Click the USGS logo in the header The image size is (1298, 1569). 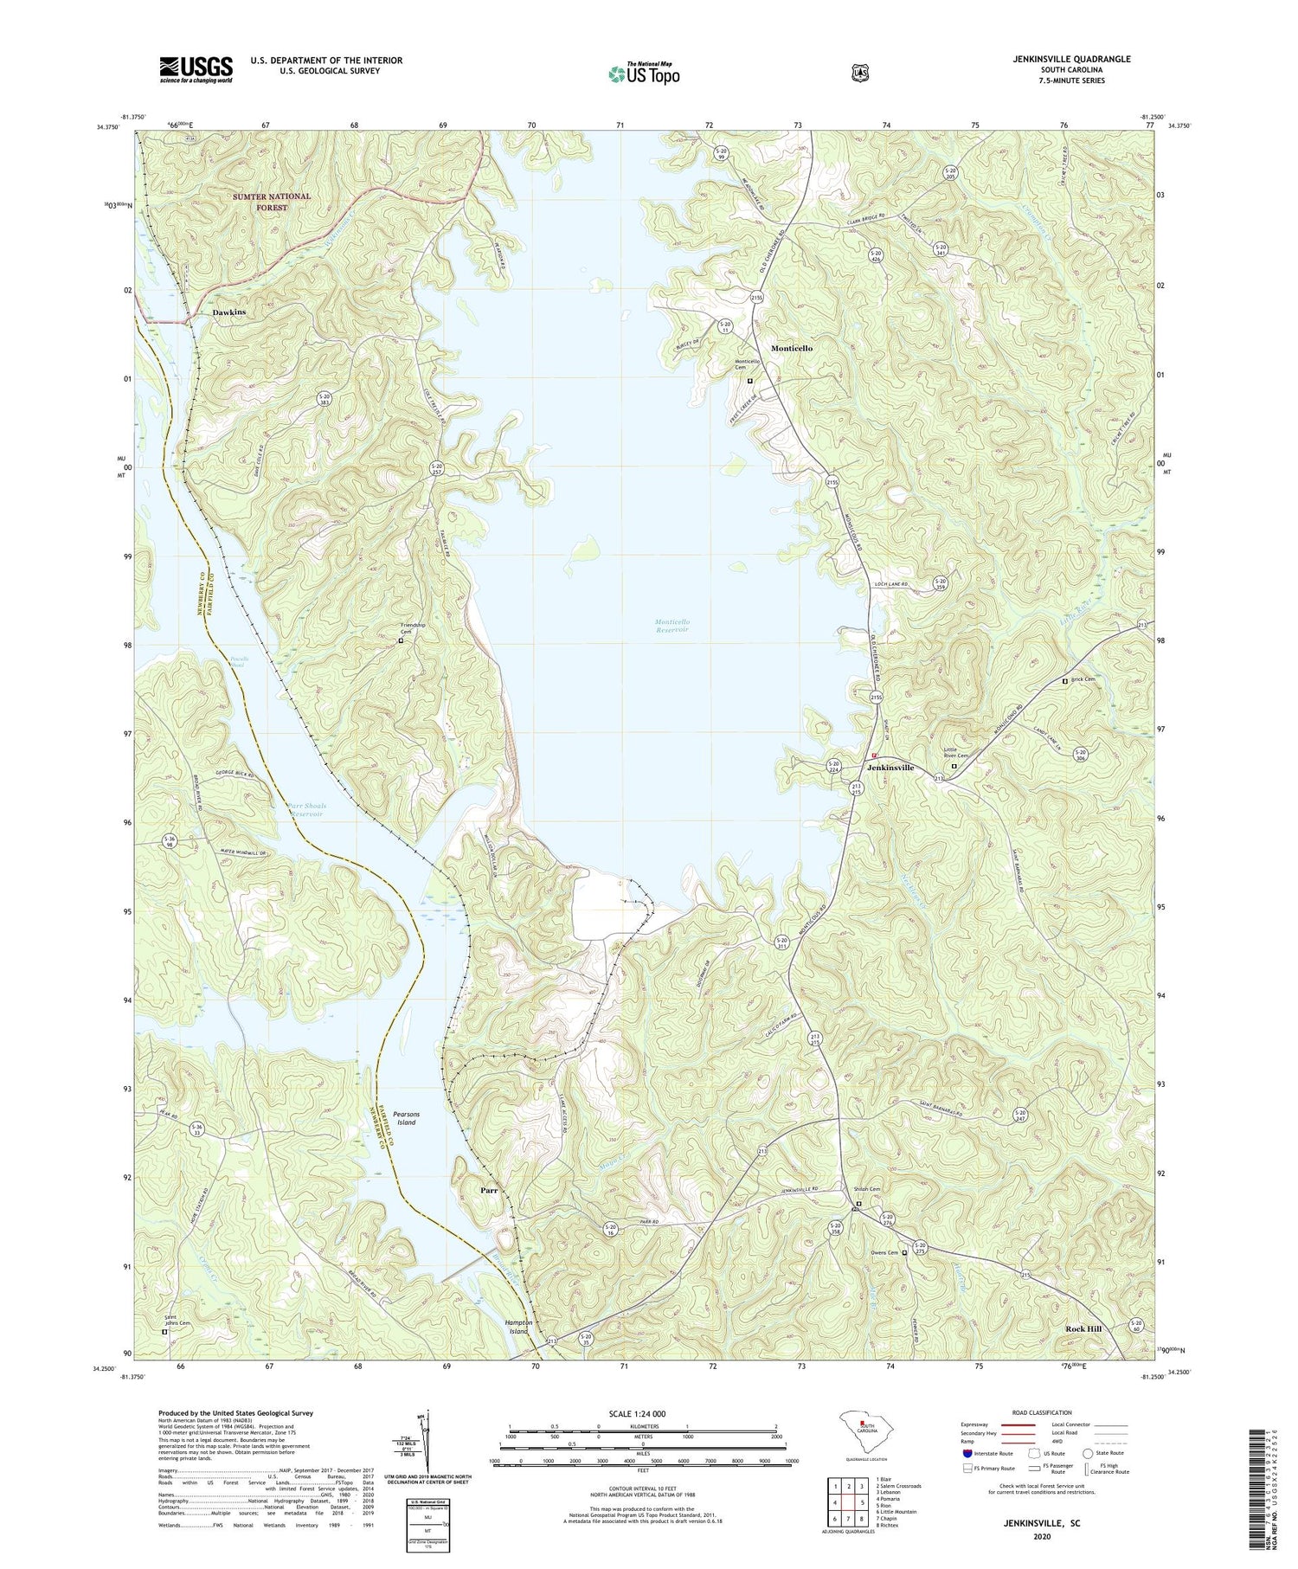point(196,69)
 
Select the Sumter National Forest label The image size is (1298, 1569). point(271,202)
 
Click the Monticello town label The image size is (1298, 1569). point(792,348)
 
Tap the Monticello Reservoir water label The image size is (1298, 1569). point(671,626)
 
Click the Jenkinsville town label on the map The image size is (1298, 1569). point(890,768)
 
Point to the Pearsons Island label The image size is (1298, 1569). point(406,1118)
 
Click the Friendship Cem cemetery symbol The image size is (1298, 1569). point(401,641)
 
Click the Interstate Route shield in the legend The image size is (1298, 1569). point(967,1454)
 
